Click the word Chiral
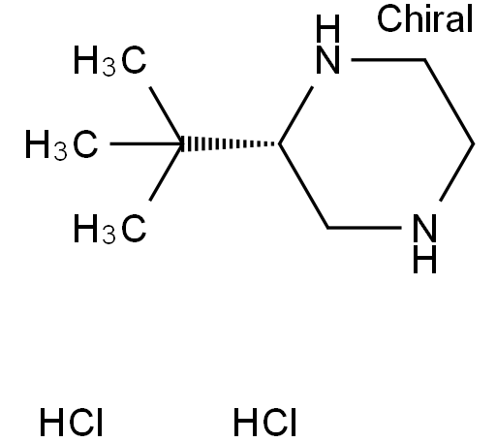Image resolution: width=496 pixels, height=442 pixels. coord(425,18)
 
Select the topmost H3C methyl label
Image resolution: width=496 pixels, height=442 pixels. coord(109,60)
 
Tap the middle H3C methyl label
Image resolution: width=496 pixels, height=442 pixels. coord(61,144)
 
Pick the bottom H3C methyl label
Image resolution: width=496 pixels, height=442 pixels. coord(109,229)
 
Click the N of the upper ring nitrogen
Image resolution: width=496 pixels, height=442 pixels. coord(327,60)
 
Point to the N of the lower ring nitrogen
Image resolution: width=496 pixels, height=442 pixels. coord(424,228)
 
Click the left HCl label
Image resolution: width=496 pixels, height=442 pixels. coord(71,422)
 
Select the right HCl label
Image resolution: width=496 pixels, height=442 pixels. coord(264,422)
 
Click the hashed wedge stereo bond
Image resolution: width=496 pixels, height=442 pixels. coord(231,144)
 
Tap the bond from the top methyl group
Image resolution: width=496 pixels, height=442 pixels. coord(166,115)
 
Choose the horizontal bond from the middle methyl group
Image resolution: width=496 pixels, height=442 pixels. coord(146,143)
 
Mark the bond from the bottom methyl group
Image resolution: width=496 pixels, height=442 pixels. coord(166,173)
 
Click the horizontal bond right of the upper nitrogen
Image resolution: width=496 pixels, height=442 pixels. coord(387,60)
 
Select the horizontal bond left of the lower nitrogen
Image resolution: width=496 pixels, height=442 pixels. coord(364,228)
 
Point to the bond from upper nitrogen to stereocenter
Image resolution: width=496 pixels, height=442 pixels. coord(295,115)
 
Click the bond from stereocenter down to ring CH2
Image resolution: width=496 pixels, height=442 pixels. coord(303,186)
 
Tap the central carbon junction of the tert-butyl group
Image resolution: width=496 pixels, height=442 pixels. coord(182,144)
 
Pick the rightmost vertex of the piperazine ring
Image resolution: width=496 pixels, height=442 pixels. coord(474,144)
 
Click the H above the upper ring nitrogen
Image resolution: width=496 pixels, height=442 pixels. coord(327,29)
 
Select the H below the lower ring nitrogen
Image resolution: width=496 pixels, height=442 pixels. coord(424,259)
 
